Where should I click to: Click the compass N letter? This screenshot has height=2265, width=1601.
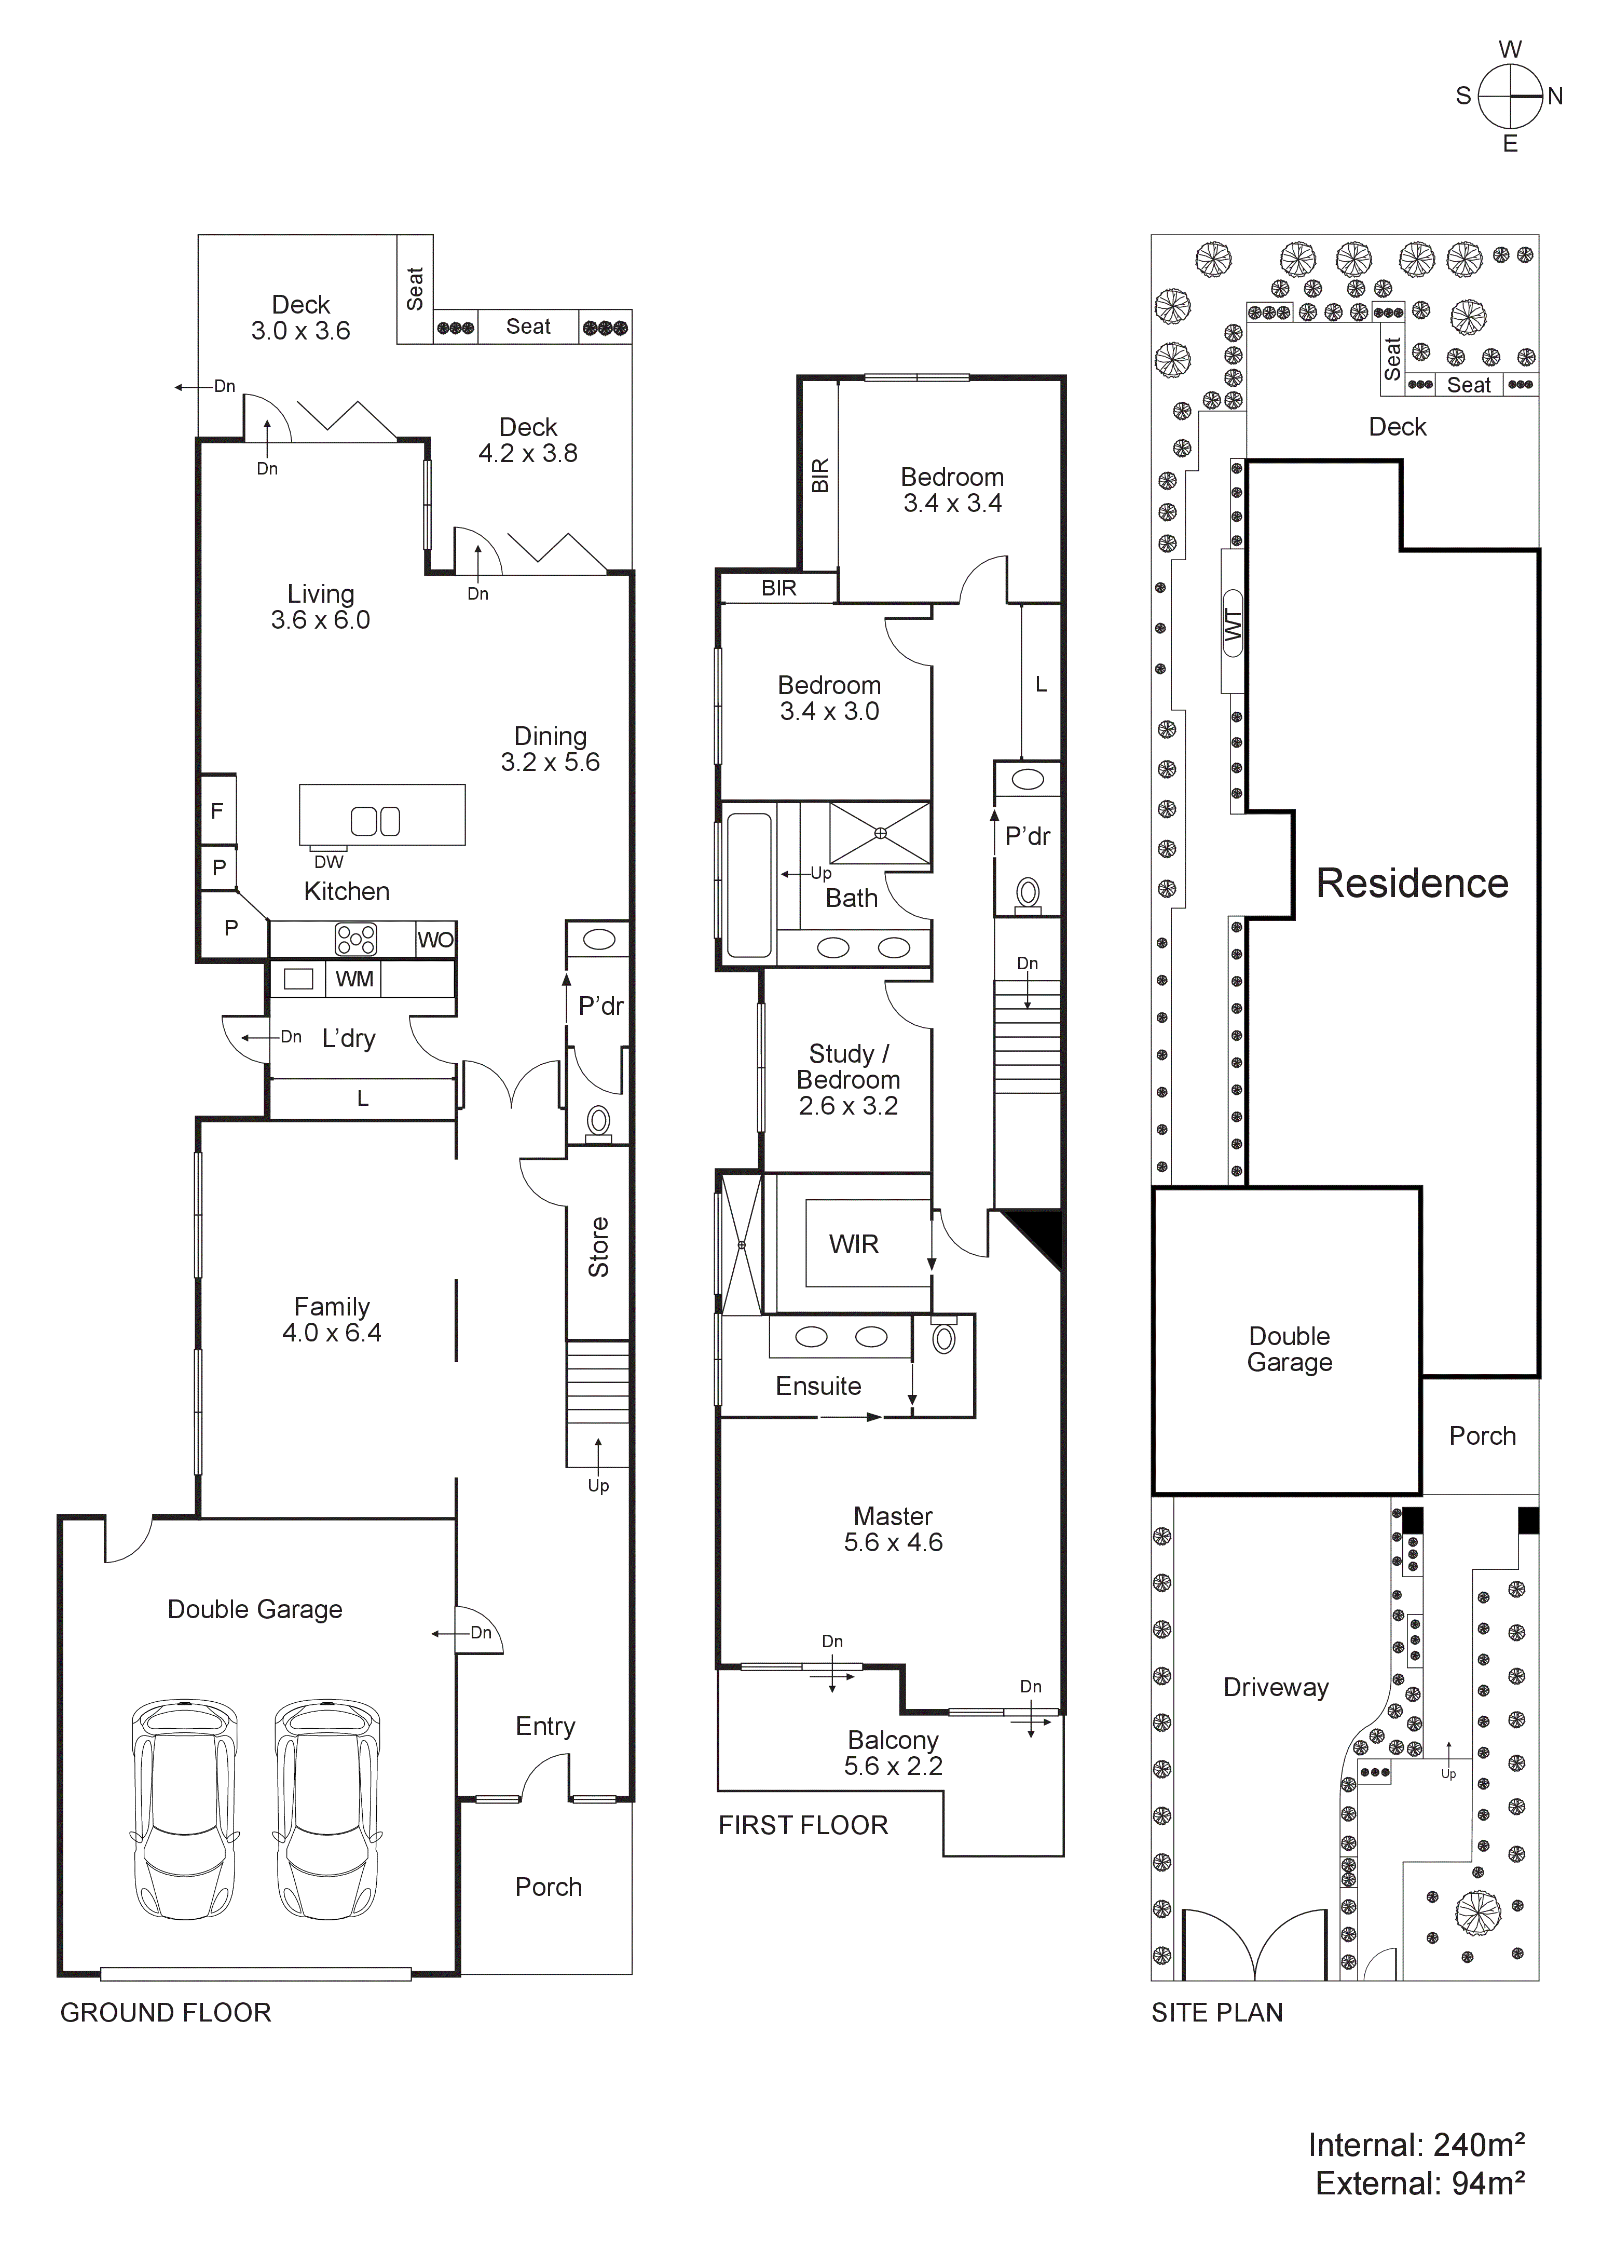1556,97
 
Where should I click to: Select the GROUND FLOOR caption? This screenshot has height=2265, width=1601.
166,2013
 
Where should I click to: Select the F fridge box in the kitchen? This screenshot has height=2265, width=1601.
217,811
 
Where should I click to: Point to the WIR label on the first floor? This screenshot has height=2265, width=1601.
853,1245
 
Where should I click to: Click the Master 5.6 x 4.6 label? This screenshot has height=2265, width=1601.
893,1530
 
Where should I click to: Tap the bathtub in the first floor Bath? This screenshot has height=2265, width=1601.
749,885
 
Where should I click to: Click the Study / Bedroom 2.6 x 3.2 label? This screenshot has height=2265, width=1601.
849,1080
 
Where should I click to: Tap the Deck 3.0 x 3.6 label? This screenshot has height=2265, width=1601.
301,318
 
